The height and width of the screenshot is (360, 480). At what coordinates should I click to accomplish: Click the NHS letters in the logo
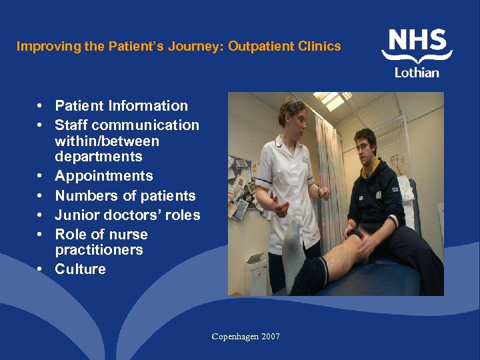coord(417,42)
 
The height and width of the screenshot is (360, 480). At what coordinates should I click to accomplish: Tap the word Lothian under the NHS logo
coord(417,72)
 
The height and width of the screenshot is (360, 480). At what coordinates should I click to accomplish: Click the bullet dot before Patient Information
coord(41,106)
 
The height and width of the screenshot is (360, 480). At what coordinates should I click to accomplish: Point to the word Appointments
coord(103,176)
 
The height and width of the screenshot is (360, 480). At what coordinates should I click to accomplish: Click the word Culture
coord(80,269)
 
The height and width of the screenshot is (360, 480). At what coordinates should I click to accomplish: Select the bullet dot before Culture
coord(41,269)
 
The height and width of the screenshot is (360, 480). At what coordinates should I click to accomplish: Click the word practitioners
coord(99,250)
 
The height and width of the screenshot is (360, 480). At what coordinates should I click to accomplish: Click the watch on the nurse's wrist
coord(319,192)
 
